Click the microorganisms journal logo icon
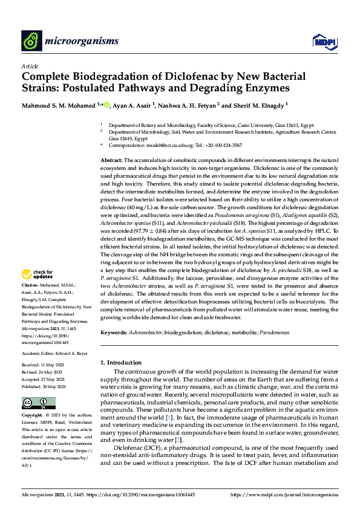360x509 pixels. click(31, 41)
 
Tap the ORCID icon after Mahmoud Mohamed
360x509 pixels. click(106, 105)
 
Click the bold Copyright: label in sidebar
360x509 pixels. click(32, 416)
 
